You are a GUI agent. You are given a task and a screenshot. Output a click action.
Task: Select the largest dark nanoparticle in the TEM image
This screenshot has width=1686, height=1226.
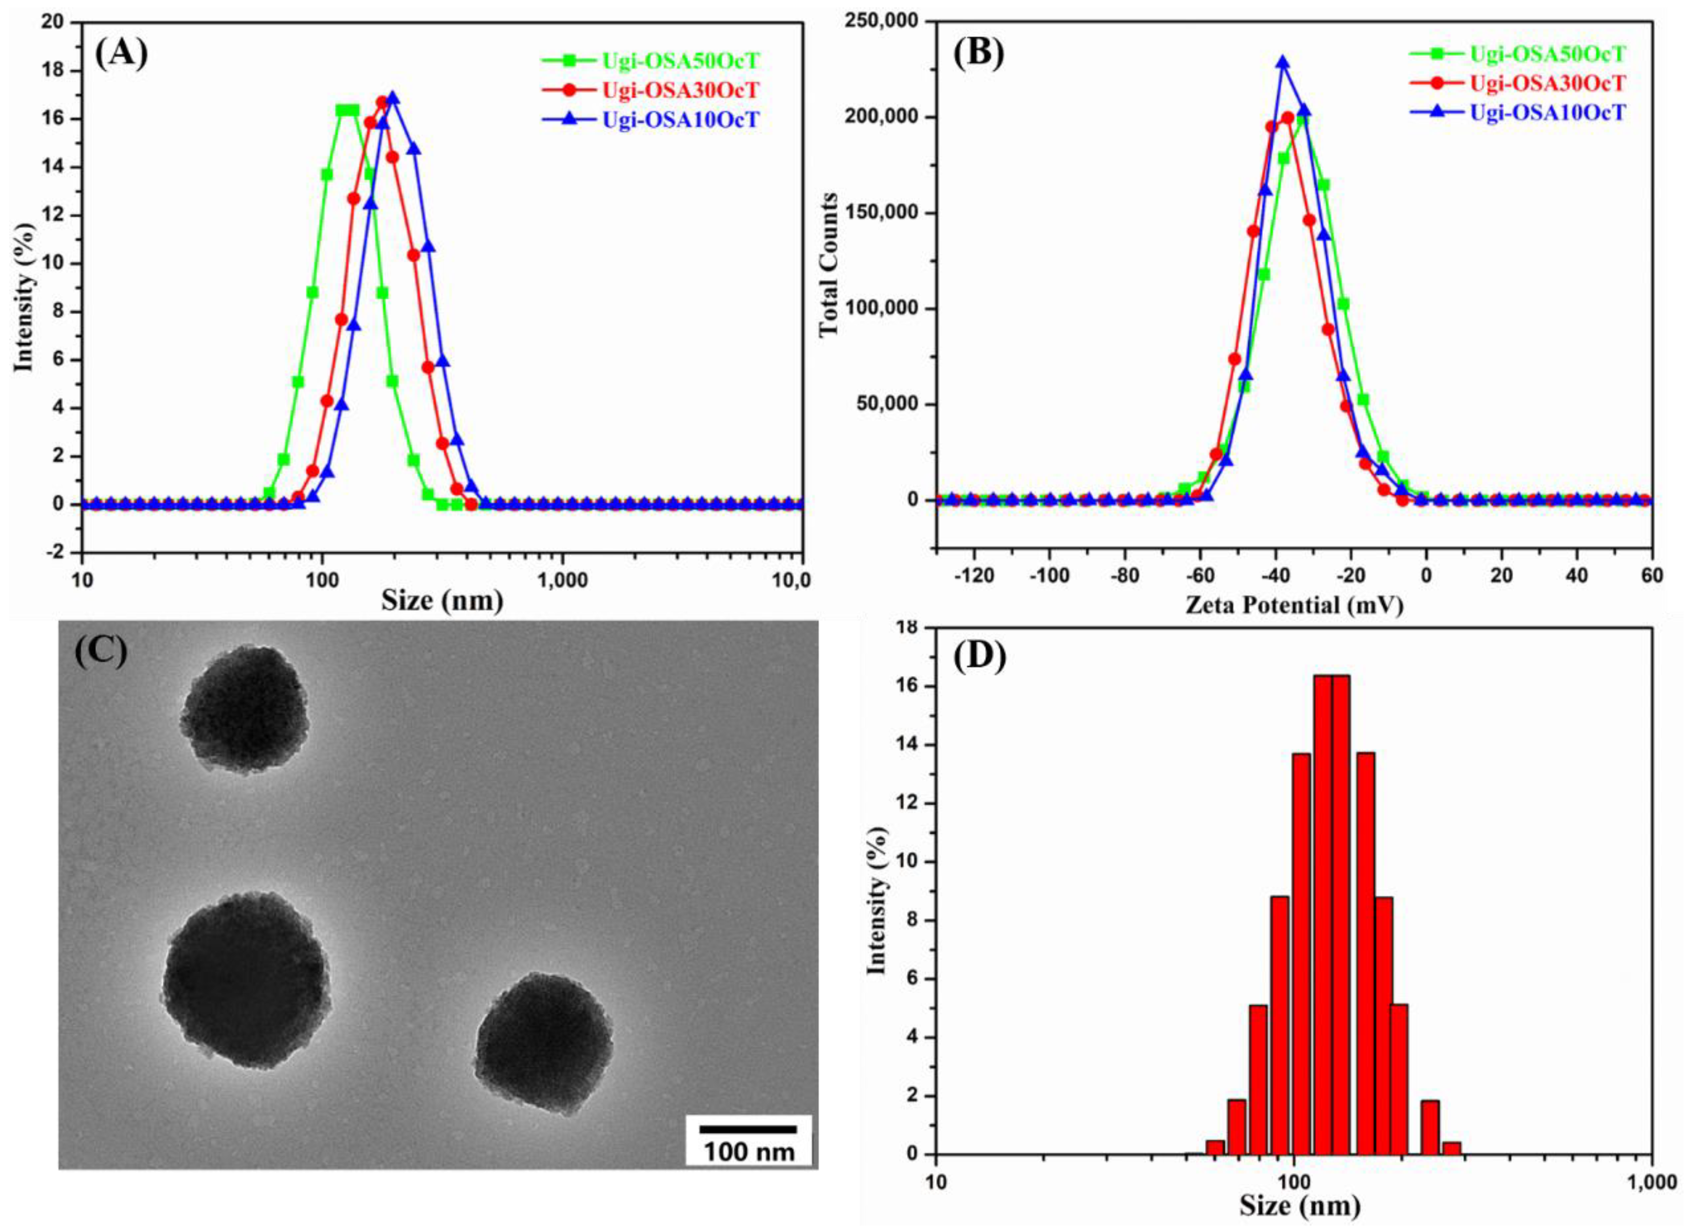click(246, 980)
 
